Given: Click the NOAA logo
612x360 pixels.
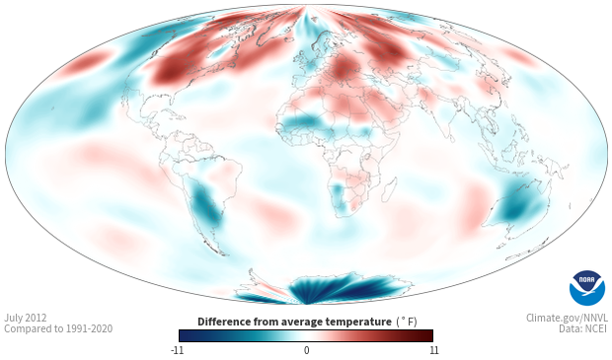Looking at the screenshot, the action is (x=587, y=288).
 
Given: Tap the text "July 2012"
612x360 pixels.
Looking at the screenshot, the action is (x=26, y=318).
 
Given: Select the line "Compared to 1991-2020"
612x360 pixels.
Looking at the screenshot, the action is (x=58, y=328).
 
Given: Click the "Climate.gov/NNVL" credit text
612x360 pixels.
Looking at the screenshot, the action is (x=567, y=318).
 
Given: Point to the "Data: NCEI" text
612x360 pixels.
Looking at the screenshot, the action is (x=583, y=328).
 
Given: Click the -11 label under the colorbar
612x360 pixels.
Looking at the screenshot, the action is (x=177, y=350).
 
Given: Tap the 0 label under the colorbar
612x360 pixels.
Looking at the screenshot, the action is (x=306, y=350).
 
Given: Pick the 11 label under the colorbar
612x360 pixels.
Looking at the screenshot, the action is (x=434, y=350).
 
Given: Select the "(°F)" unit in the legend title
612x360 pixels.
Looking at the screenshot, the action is (x=407, y=322).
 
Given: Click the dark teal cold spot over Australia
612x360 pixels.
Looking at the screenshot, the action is (x=516, y=211).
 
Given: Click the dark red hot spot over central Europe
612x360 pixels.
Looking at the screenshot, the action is (x=342, y=69).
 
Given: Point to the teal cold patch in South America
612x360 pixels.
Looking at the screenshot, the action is (x=205, y=205).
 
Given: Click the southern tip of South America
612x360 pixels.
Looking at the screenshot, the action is (x=224, y=254).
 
